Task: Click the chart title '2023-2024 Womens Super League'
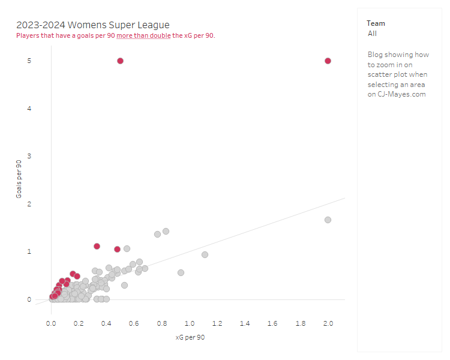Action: [x=93, y=25]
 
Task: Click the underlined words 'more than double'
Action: [x=143, y=35]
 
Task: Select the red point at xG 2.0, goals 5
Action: [x=328, y=61]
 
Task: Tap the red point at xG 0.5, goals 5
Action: [x=120, y=61]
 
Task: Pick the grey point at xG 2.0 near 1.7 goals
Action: [x=328, y=220]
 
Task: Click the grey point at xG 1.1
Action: [x=205, y=254]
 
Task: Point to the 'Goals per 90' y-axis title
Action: [x=19, y=179]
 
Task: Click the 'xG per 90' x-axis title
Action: [x=190, y=337]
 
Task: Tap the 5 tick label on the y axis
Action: [x=29, y=61]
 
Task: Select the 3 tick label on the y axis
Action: [x=29, y=156]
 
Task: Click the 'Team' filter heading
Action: [x=376, y=23]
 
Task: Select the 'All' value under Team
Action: [x=373, y=34]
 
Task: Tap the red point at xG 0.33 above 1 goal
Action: [x=97, y=246]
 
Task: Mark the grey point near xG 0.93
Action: [x=181, y=272]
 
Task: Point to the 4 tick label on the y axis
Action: [x=29, y=109]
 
